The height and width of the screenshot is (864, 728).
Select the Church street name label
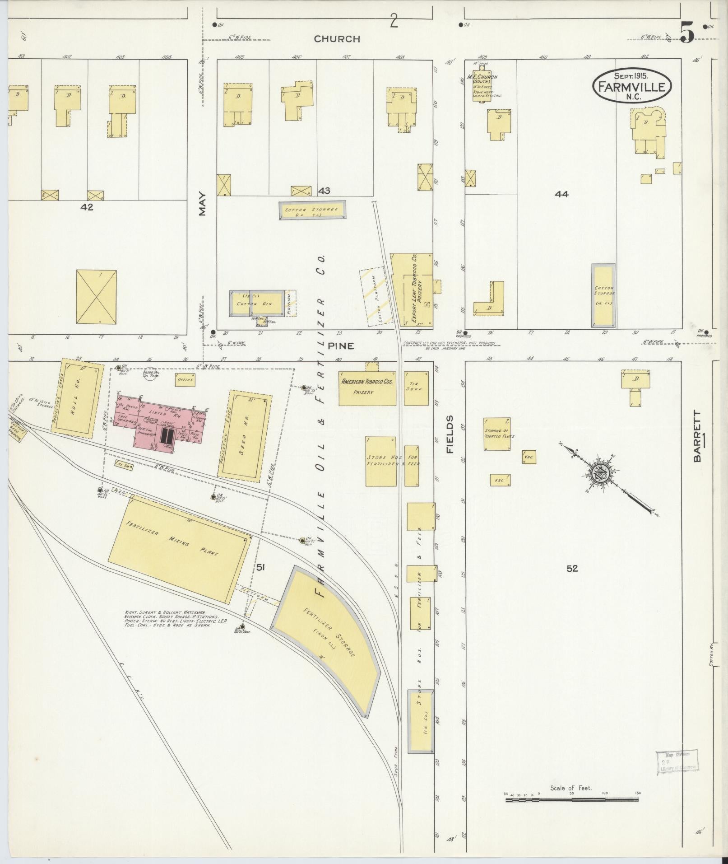pos(337,39)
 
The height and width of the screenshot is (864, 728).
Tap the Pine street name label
pos(341,346)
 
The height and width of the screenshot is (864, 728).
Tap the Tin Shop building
pos(413,388)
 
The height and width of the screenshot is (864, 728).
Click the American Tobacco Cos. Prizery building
pos(367,387)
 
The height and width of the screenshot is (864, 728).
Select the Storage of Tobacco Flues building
pos(497,434)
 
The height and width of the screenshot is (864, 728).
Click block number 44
pos(562,194)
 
